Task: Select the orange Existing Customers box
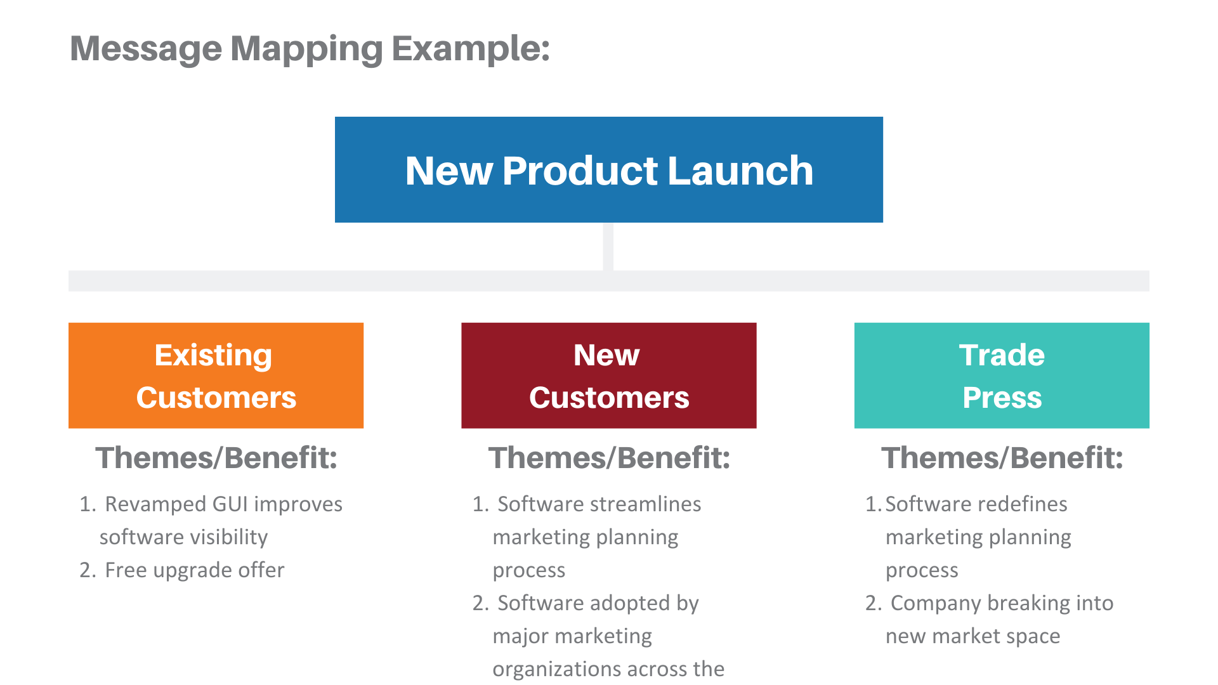point(216,375)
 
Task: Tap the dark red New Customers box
point(609,375)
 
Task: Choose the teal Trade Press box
point(1002,375)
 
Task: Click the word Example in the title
point(470,49)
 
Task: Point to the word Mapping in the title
point(306,49)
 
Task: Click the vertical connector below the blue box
point(608,246)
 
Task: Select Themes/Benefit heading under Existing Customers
point(216,458)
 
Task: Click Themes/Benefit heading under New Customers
point(609,458)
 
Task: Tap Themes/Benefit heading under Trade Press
point(1002,458)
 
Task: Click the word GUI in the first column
point(230,504)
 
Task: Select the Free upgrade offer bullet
point(194,570)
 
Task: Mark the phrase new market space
point(972,636)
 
